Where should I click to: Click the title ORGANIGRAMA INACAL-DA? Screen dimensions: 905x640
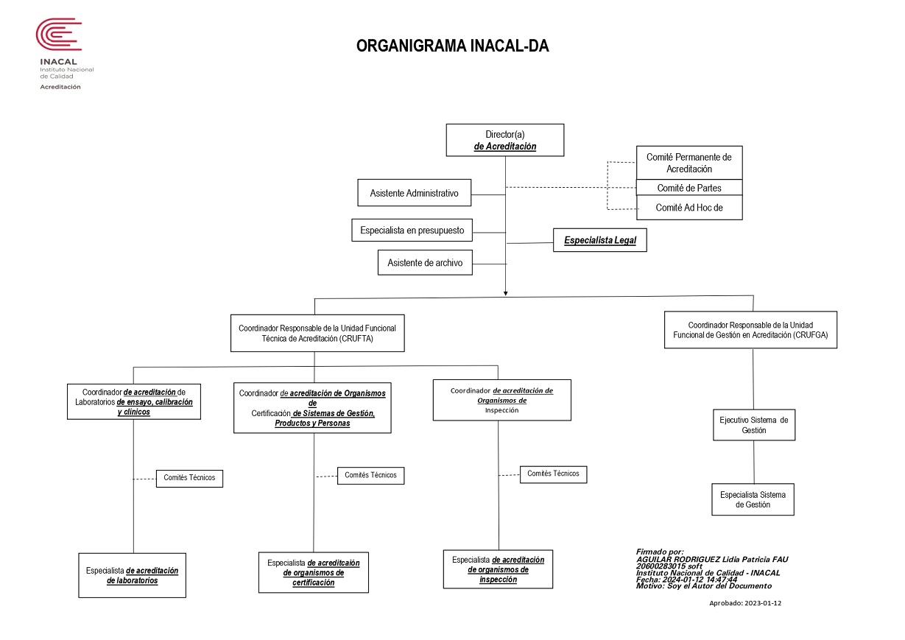point(452,46)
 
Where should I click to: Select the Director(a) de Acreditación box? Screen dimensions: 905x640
point(505,140)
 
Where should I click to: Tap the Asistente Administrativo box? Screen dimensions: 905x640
point(414,193)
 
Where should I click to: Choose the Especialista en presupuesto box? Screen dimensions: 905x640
point(412,231)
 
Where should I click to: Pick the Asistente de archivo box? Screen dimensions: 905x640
point(425,263)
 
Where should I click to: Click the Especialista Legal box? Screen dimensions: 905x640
point(600,240)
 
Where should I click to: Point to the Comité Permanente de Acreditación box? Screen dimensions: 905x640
point(689,163)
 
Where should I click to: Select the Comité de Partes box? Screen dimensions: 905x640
point(689,188)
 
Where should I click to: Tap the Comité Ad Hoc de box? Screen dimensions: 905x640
point(689,208)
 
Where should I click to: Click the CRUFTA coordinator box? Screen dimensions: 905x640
point(317,334)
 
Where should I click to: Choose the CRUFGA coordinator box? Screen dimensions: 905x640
point(750,330)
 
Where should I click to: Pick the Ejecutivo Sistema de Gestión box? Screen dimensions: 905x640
point(754,425)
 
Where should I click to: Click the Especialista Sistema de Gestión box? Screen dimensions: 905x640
point(753,499)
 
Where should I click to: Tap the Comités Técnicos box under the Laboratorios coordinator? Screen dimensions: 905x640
point(189,479)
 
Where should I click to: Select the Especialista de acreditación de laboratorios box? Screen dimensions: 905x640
point(132,575)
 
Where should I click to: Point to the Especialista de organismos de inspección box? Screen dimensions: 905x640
point(498,569)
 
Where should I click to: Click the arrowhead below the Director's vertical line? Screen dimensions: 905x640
point(505,293)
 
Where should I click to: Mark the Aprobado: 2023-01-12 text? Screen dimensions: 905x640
point(745,603)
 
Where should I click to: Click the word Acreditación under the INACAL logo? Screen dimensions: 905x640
point(60,87)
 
